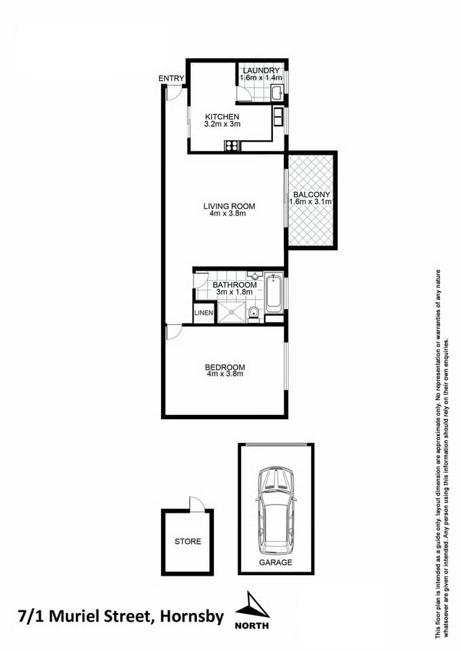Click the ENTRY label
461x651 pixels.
point(171,79)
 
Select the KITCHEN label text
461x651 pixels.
point(223,117)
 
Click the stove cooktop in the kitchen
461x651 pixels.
point(233,144)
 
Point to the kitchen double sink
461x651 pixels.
point(279,116)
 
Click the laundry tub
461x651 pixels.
point(276,93)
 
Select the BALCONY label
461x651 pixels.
point(312,194)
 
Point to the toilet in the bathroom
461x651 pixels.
point(253,313)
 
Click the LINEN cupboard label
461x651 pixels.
point(204,313)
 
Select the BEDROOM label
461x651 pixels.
point(225,368)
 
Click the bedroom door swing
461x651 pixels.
point(172,332)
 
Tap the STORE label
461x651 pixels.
point(187,542)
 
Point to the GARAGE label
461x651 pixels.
point(276,563)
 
